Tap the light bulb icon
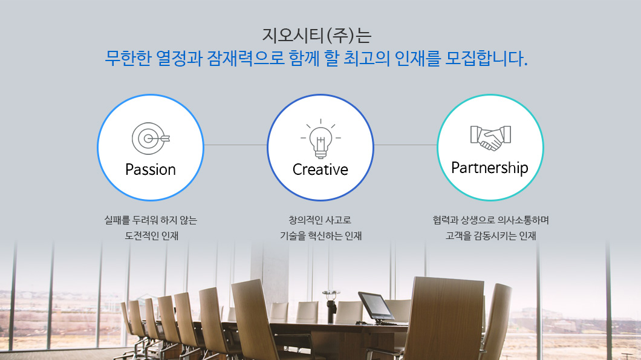[320, 139]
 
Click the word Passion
[151, 169]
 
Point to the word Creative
[320, 169]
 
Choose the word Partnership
[490, 168]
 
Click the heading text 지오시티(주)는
[317, 35]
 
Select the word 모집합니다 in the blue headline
[484, 58]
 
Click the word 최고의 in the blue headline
[366, 58]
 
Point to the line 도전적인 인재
[152, 235]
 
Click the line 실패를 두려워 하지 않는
[151, 220]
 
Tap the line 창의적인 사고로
[320, 220]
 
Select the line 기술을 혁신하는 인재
[321, 235]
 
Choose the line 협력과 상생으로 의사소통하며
[490, 220]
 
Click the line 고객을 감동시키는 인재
[490, 235]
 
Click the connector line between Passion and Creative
[235, 145]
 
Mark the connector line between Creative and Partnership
[406, 145]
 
